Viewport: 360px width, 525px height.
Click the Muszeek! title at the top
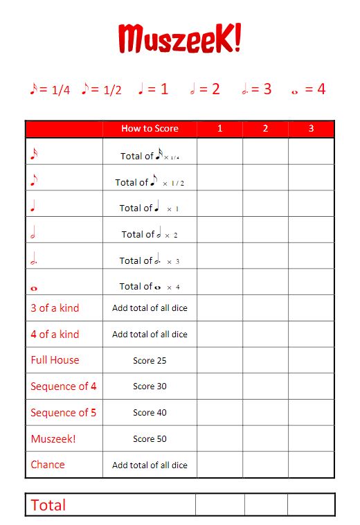179,39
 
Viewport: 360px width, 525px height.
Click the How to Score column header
150,128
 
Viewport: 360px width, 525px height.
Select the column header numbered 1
219,128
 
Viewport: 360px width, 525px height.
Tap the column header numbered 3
311,128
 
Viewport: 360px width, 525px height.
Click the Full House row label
55,360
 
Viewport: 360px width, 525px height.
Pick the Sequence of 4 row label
64,386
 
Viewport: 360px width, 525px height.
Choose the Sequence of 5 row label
64,413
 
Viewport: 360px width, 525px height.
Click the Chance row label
48,465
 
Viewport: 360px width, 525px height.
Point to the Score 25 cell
150,361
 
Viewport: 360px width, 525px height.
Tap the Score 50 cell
150,439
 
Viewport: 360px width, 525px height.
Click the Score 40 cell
150,413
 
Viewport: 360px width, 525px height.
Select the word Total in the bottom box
48,505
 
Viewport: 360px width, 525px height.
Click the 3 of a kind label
55,308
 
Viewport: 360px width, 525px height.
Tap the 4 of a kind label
55,335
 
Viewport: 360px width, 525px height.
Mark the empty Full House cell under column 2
265,360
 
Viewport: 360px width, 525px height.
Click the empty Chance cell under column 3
311,465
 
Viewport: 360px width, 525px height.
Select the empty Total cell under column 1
219,505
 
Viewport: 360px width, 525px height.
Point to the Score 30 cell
150,386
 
